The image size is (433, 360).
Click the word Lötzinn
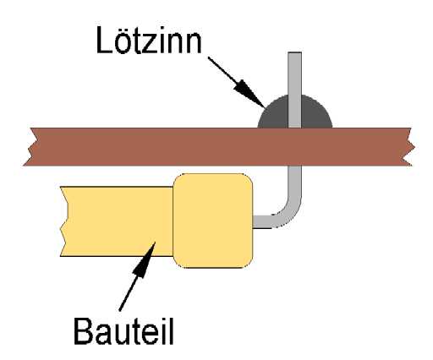149,40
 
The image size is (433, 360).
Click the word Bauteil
123,330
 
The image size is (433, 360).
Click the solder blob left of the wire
273,113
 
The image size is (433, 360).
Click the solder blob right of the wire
315,113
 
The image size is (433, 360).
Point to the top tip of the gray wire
295,52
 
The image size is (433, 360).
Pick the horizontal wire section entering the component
262,221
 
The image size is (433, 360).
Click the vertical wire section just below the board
295,180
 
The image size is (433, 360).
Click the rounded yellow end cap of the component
213,221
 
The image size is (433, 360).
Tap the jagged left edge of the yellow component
65,221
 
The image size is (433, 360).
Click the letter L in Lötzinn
104,40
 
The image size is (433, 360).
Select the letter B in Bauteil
83,330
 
